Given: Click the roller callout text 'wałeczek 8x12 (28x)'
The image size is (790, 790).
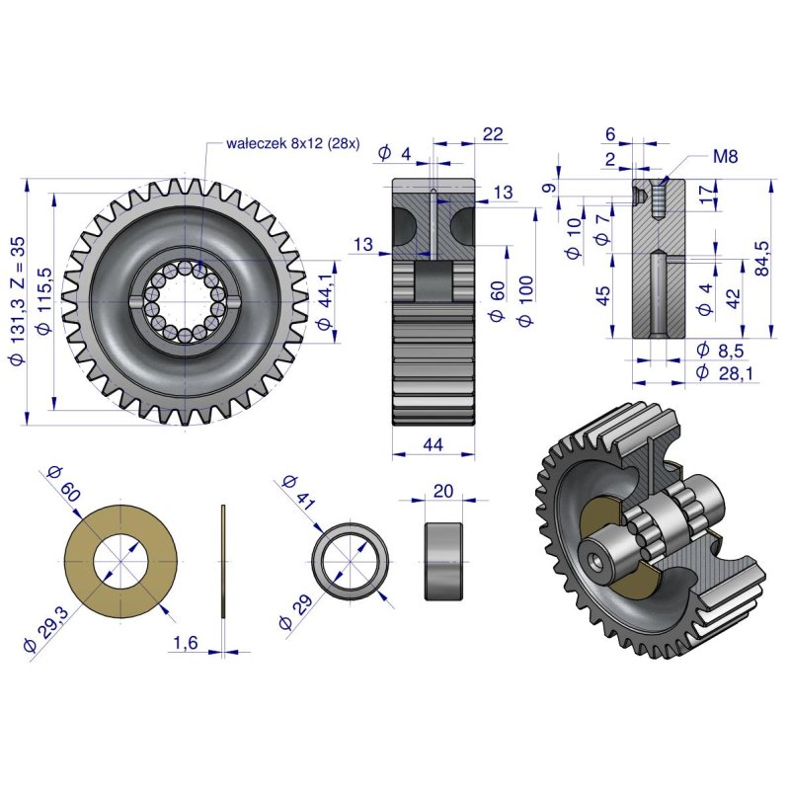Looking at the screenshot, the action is pyautogui.click(x=292, y=143).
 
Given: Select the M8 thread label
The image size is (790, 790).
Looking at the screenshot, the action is pyautogui.click(x=725, y=156).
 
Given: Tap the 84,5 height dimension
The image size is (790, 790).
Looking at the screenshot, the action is pyautogui.click(x=762, y=259).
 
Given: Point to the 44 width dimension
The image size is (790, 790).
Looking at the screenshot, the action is pyautogui.click(x=434, y=444).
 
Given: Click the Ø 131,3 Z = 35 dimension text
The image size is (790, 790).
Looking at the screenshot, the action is pyautogui.click(x=18, y=301).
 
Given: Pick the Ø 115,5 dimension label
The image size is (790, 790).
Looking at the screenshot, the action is pyautogui.click(x=45, y=301).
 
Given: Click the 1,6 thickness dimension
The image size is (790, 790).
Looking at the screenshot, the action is pyautogui.click(x=186, y=643).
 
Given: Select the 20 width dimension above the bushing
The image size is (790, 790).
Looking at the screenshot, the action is pyautogui.click(x=442, y=490).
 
